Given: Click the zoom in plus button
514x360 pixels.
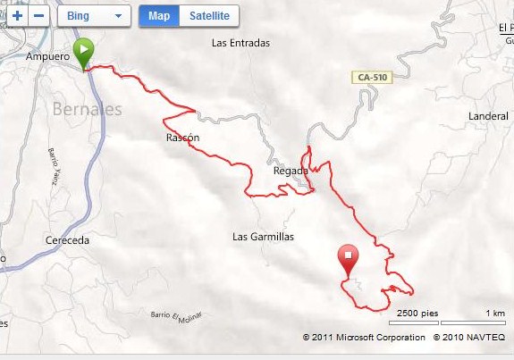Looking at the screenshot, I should pyautogui.click(x=17, y=16).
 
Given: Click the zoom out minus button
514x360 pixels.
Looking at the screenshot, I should pyautogui.click(x=38, y=16).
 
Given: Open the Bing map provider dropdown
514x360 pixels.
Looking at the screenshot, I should pyautogui.click(x=94, y=16).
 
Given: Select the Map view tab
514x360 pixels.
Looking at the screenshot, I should pyautogui.click(x=159, y=16).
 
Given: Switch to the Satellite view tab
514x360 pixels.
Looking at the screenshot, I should pyautogui.click(x=209, y=16).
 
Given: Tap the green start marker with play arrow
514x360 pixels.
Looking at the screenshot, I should pyautogui.click(x=83, y=52).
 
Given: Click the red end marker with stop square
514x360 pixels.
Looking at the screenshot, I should pyautogui.click(x=348, y=260).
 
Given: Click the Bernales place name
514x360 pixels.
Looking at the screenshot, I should pyautogui.click(x=87, y=110).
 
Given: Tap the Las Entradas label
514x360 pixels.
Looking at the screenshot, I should pyautogui.click(x=240, y=42).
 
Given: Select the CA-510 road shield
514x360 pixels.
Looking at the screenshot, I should pyautogui.click(x=372, y=78).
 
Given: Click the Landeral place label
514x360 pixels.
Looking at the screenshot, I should pyautogui.click(x=488, y=116).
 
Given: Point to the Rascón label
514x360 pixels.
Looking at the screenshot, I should pyautogui.click(x=182, y=138).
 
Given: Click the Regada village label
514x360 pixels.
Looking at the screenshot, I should pyautogui.click(x=291, y=171).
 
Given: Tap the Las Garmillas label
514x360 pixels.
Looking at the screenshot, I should pyautogui.click(x=263, y=237).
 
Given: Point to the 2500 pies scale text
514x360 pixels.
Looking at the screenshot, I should pyautogui.click(x=417, y=314).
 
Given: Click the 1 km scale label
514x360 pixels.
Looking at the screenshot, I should pyautogui.click(x=494, y=314).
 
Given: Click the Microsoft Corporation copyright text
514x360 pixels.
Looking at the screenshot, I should pyautogui.click(x=364, y=338).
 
